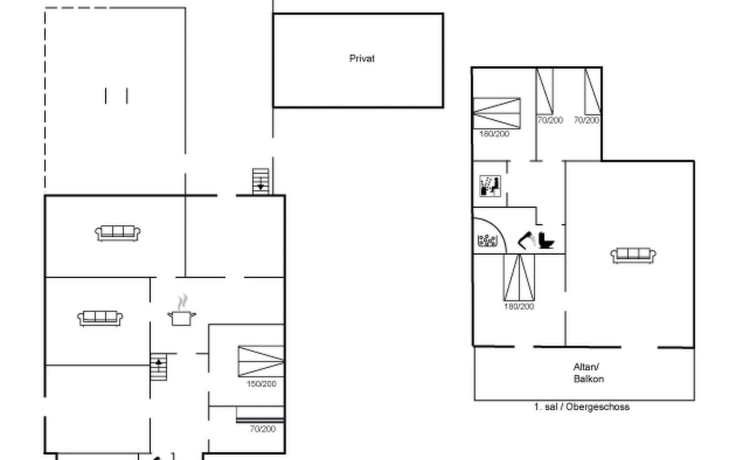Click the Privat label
pos(362,59)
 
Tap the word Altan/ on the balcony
pos(586,367)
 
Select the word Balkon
pos(589,379)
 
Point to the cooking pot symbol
pos(182,318)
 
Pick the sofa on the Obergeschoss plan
pos(633,256)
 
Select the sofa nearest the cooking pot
pos(100,319)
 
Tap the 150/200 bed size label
pos(261,384)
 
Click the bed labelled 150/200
pos(261,361)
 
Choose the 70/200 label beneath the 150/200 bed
pos(263,429)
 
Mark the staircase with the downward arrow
pos(261,182)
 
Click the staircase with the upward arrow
pos(158,367)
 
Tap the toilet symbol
pos(546,240)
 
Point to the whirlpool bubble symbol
pos(488,240)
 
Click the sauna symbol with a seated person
pos(490,186)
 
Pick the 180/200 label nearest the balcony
pos(519,306)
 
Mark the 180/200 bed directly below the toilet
pos(519,277)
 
